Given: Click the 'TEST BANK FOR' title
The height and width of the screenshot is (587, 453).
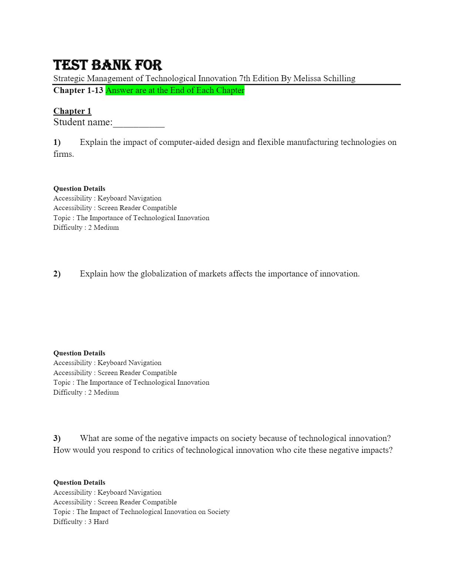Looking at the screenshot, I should (x=108, y=65).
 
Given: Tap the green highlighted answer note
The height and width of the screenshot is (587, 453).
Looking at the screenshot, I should (x=175, y=90).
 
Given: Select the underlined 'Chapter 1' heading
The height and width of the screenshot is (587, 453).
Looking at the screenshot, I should (x=72, y=111).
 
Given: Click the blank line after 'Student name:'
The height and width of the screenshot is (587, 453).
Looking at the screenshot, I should (x=139, y=123).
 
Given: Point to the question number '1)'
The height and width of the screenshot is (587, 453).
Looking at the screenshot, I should (x=57, y=142).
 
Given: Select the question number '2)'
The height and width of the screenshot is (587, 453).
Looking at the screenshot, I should (x=57, y=274).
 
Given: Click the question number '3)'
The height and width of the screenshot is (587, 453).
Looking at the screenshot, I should (x=57, y=438).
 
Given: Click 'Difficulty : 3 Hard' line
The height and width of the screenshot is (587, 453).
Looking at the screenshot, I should (x=81, y=522).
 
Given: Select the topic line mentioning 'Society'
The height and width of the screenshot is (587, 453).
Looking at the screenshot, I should (x=141, y=512).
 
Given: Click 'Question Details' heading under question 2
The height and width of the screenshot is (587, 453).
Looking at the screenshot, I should (x=79, y=353).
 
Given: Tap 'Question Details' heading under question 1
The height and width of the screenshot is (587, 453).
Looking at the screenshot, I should (x=79, y=189).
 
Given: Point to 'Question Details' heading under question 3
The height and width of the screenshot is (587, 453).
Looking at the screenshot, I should (x=79, y=482).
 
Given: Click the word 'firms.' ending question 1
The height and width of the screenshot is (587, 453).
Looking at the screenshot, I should (x=64, y=154).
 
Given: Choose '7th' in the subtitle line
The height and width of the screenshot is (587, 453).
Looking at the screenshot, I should (x=245, y=79).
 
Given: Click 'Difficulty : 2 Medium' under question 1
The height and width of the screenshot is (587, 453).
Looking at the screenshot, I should (x=86, y=228).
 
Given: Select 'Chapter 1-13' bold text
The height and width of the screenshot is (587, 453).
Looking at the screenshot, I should (x=78, y=90).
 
